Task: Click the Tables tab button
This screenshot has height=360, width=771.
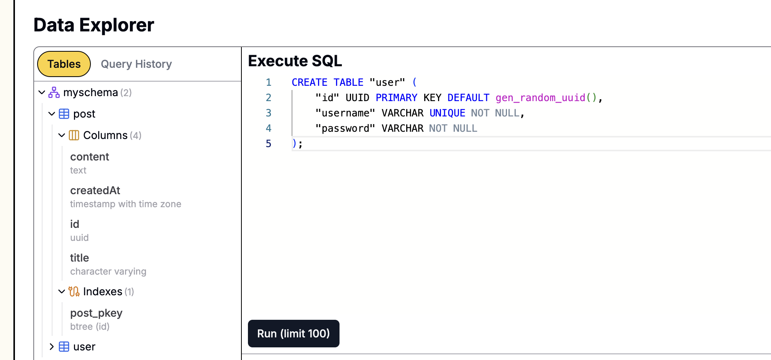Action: pos(64,64)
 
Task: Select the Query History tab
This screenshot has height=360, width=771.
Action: pos(136,64)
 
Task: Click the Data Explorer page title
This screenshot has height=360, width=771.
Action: pos(94,25)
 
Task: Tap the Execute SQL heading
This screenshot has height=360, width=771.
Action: pos(295,61)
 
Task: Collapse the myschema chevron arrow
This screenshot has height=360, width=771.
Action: pos(42,92)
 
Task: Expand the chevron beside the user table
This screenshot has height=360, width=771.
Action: pos(52,347)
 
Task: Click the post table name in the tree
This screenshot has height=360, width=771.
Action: pos(84,114)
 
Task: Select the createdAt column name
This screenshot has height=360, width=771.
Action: pos(95,190)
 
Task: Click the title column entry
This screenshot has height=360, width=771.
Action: pos(79,258)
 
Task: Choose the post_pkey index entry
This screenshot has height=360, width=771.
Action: pos(96,313)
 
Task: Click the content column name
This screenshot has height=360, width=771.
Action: pos(90,157)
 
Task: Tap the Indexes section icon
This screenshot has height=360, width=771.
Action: pos(74,291)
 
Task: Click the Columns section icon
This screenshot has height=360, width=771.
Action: pos(74,135)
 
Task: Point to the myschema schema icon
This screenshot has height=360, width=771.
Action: pos(54,92)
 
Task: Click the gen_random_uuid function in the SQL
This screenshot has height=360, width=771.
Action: pos(540,98)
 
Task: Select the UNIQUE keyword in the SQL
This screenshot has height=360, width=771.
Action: pos(447,113)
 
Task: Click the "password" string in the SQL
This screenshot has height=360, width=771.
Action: pos(345,128)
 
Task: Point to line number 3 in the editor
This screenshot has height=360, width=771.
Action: pos(269,113)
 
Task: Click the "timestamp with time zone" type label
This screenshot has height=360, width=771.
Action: pos(126,204)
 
